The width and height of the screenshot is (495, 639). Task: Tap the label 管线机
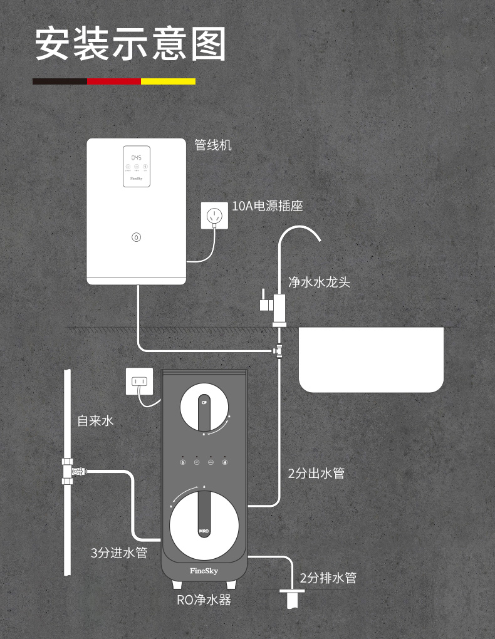213,145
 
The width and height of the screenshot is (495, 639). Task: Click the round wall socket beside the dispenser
214,216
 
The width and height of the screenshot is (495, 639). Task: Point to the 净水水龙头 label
319,282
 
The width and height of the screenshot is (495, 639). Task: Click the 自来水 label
95,421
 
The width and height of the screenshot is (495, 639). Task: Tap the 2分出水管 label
316,474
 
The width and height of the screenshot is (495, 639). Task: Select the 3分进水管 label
118,553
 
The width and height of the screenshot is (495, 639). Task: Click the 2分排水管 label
328,578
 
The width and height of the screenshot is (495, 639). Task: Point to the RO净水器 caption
204,600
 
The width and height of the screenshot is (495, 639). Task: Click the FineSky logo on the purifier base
204,571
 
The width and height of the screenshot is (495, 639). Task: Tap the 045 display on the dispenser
136,158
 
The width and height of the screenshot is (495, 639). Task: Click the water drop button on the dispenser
137,237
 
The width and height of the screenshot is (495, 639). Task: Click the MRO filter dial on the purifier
204,525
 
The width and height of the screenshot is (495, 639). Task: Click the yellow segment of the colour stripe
168,81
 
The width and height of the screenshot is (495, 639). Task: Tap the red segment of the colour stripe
114,81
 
